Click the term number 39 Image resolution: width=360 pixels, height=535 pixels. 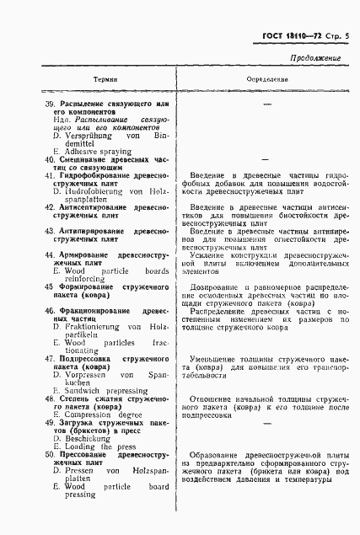tap(50, 103)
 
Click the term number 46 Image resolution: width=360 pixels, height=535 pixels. tap(50, 311)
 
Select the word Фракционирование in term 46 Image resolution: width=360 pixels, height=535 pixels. tap(95, 311)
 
